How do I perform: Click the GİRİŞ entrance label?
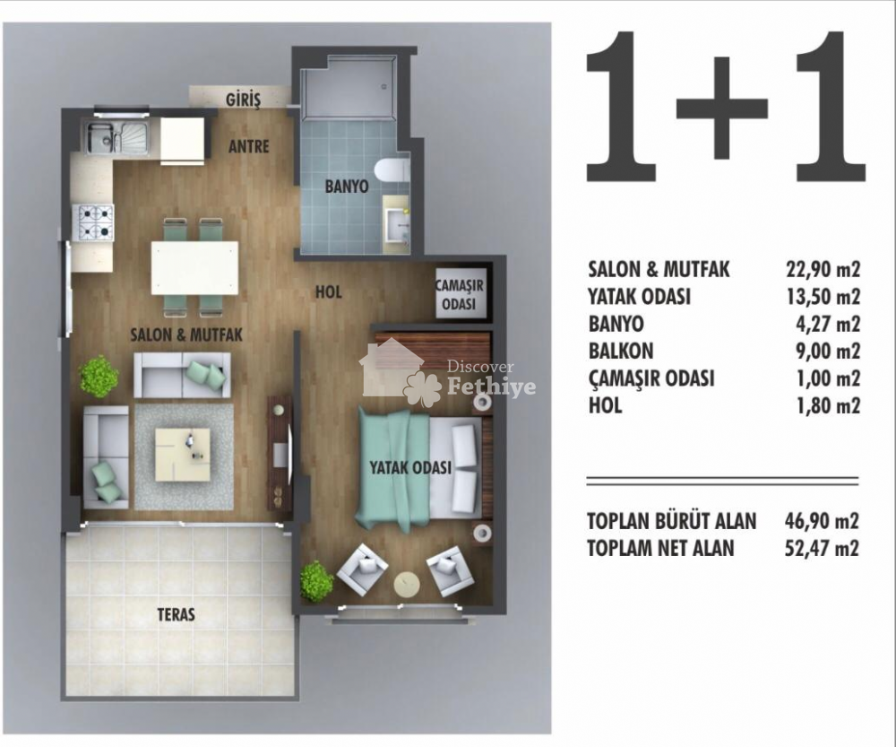(243, 100)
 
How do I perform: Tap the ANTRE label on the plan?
(248, 146)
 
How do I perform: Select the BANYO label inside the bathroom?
(347, 186)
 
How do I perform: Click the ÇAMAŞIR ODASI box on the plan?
(461, 294)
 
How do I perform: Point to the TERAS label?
(176, 614)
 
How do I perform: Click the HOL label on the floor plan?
(329, 292)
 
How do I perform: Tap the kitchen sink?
(117, 137)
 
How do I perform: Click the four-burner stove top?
(94, 221)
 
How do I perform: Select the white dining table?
(194, 268)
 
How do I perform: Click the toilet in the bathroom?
(392, 169)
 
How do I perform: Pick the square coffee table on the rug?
(183, 455)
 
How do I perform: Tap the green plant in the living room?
(99, 377)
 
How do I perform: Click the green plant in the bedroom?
(316, 581)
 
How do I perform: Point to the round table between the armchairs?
(407, 585)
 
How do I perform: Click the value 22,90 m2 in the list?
(823, 269)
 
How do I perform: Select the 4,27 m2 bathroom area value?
(827, 324)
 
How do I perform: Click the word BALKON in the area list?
(621, 351)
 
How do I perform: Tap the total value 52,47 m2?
(822, 548)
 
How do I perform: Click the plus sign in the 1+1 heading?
(722, 109)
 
